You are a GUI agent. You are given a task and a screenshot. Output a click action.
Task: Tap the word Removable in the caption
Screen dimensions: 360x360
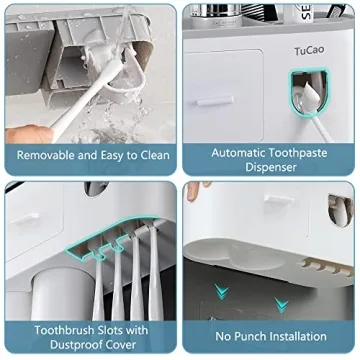[x=47, y=155]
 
